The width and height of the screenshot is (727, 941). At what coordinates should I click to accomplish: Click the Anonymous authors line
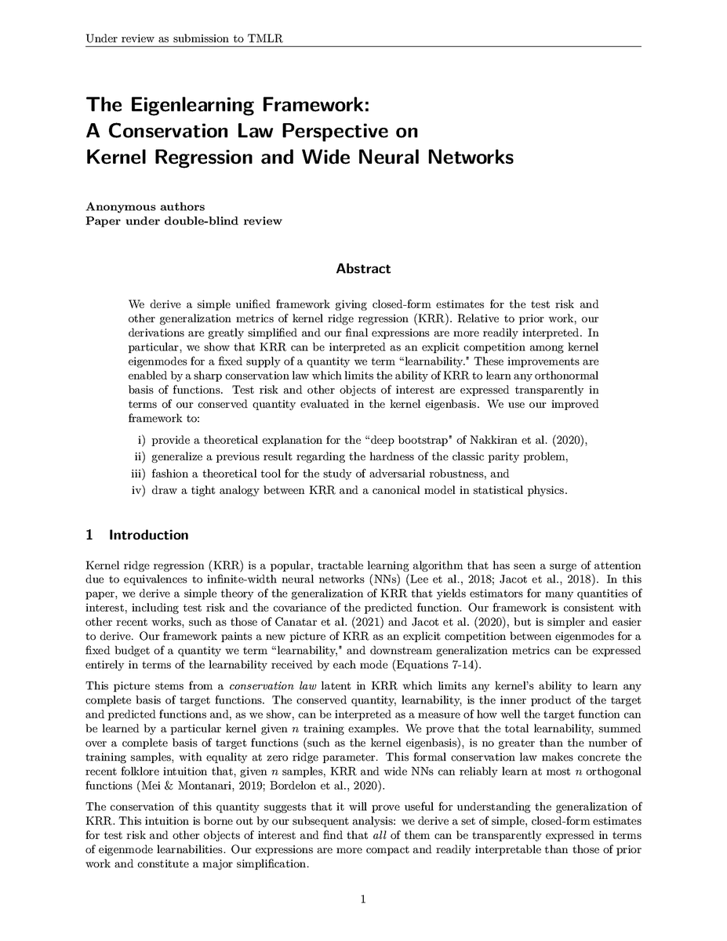145,207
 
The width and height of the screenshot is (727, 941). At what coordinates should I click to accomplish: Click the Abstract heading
363,269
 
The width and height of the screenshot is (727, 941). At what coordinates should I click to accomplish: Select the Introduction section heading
148,536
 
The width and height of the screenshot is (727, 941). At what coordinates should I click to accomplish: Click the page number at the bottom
363,900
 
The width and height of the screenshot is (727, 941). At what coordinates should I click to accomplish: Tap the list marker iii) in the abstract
138,474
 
